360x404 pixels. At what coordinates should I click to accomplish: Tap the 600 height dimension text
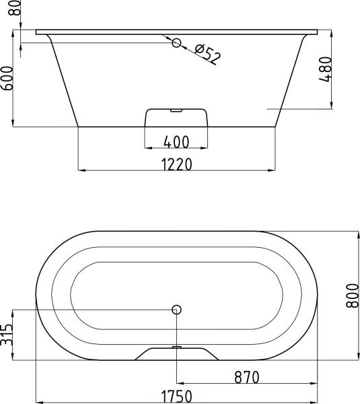[x=7, y=78]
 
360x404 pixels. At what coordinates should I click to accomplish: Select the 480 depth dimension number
[x=326, y=69]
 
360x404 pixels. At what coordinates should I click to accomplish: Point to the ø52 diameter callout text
[x=208, y=55]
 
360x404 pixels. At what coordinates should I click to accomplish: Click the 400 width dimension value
[x=176, y=141]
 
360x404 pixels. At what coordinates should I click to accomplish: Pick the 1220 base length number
[x=177, y=164]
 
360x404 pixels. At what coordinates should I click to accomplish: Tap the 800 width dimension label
[x=353, y=296]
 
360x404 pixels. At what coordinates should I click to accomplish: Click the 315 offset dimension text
[x=7, y=335]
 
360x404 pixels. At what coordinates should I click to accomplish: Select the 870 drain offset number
[x=247, y=378]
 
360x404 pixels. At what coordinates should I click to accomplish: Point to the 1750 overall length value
[x=177, y=397]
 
